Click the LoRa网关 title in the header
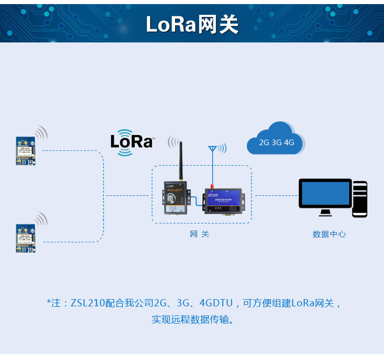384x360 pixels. coord(192,24)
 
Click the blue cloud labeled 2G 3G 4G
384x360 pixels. coord(275,139)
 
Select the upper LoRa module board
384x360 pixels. coord(26,150)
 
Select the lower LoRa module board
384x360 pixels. coord(26,238)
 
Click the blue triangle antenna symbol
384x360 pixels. coord(212,149)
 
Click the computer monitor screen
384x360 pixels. coord(325,194)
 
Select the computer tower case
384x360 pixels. coord(360,198)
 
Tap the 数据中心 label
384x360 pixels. coord(329,234)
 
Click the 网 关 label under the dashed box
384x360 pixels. coord(200,234)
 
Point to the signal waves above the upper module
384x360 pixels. coord(41,133)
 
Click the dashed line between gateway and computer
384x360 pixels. coord(275,195)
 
